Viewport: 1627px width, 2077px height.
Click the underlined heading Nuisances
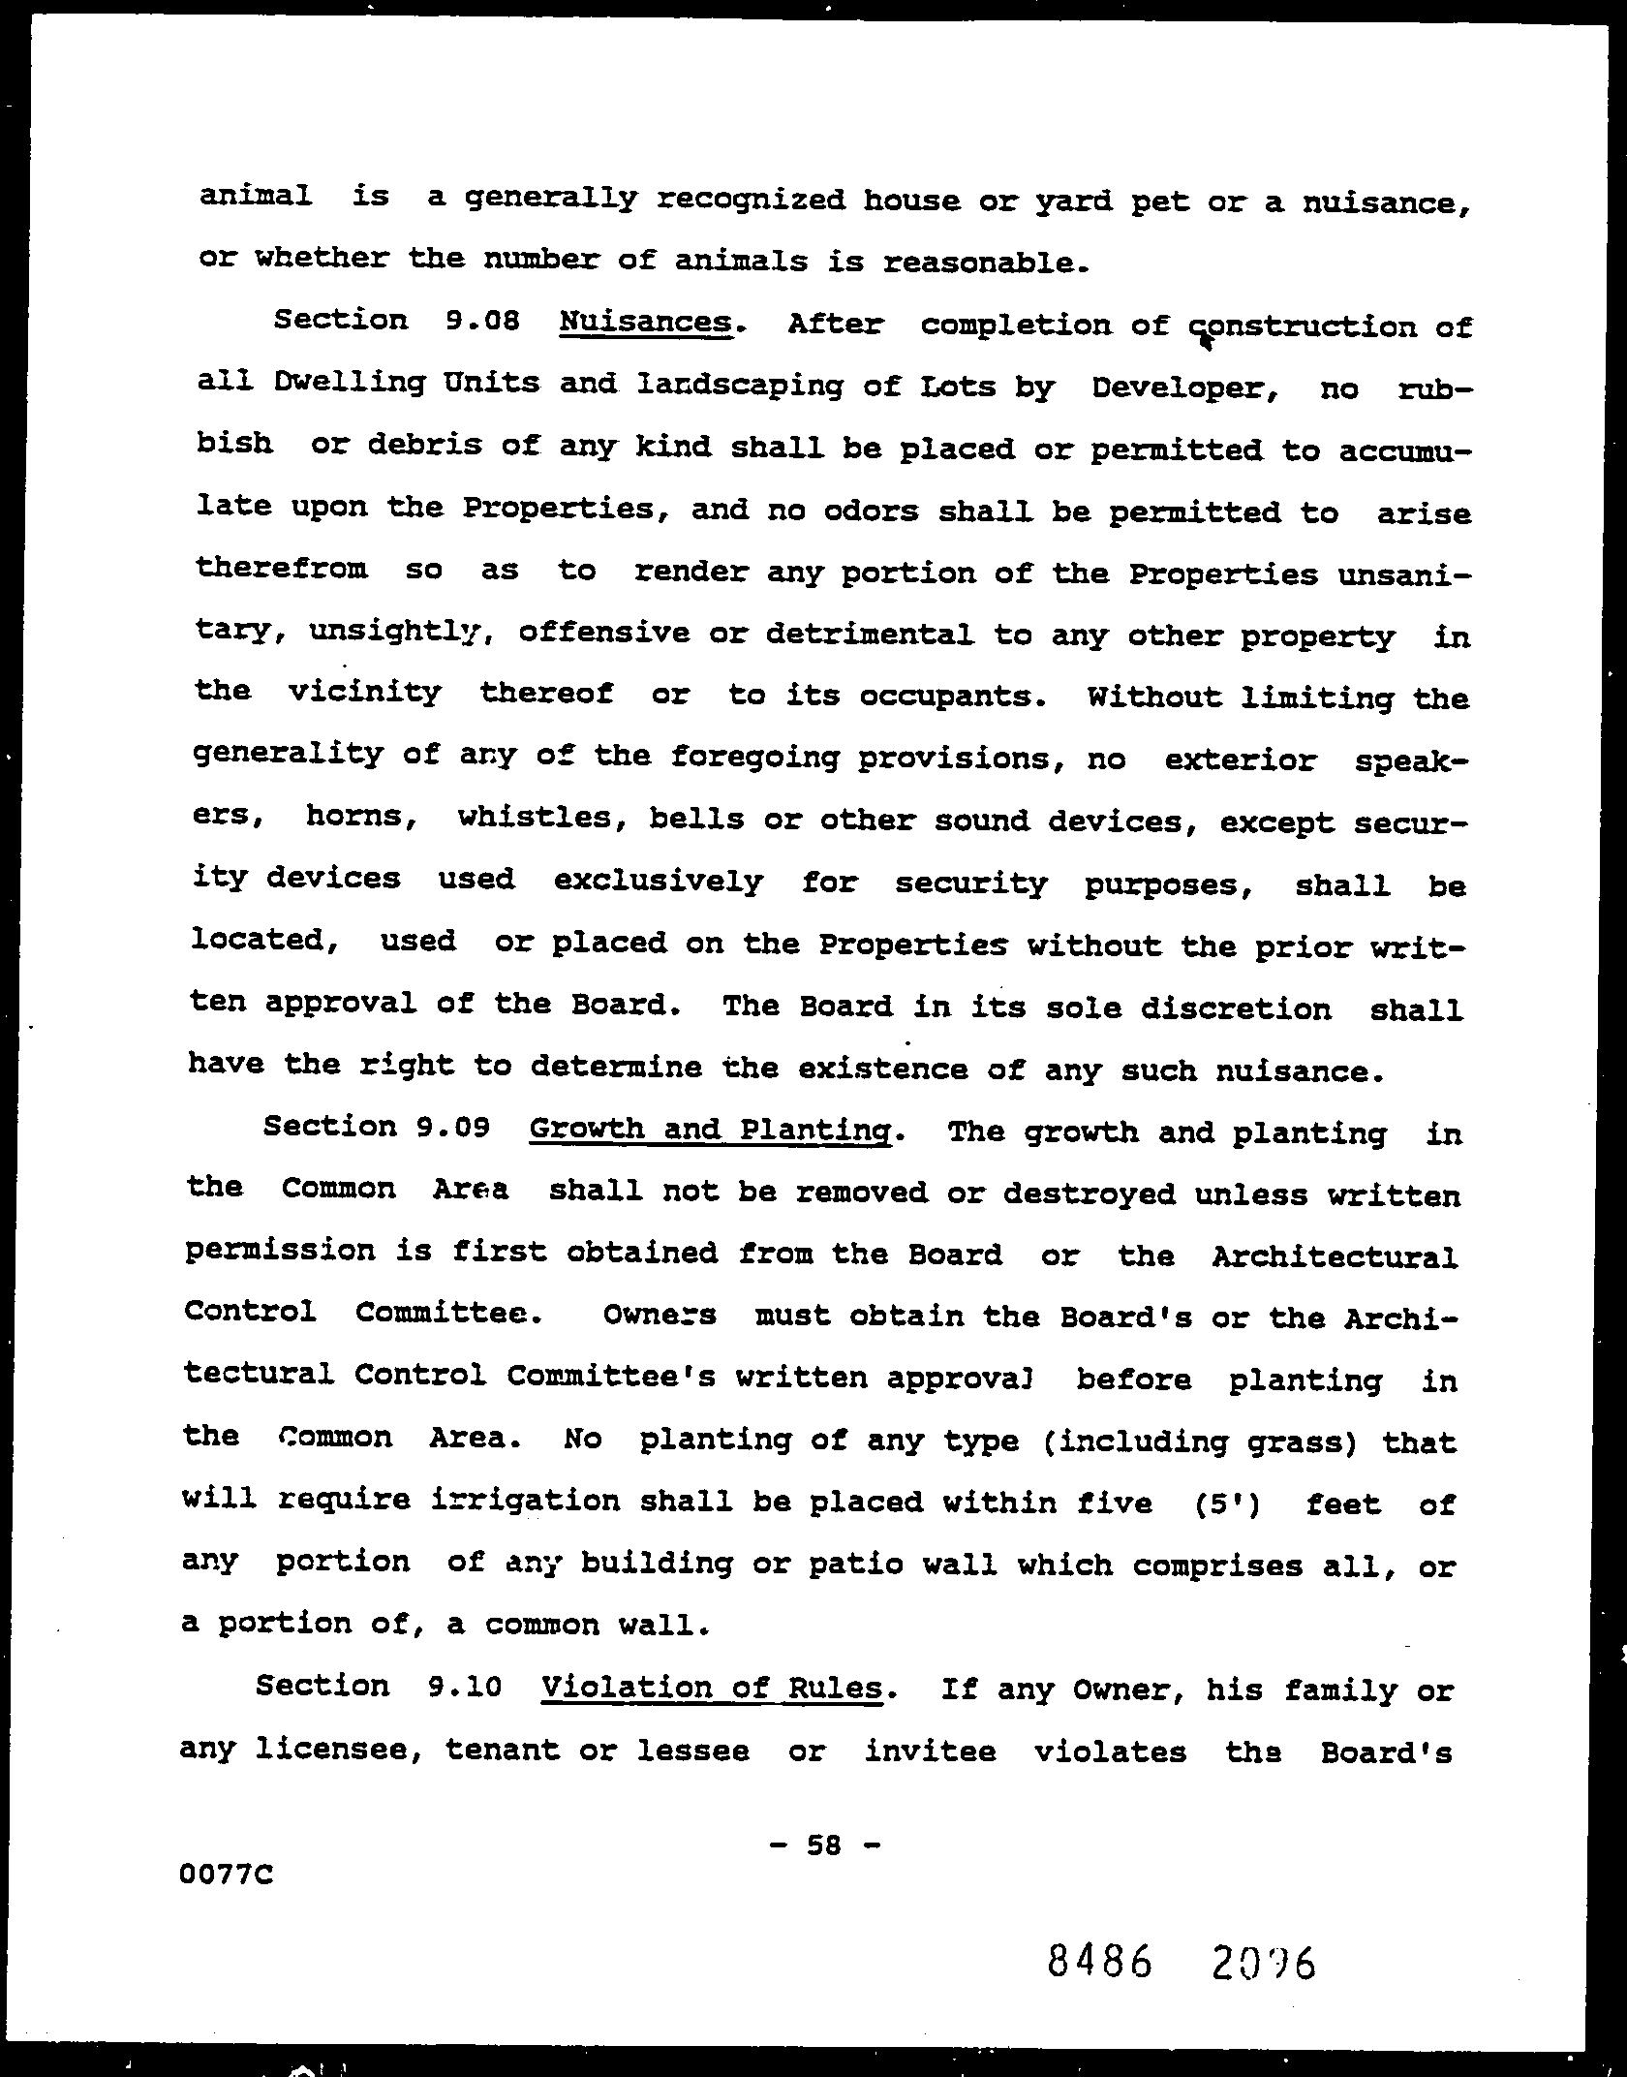(x=645, y=322)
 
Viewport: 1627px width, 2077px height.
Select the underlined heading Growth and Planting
(x=710, y=1130)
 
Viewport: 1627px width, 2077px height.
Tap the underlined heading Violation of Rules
(x=712, y=1688)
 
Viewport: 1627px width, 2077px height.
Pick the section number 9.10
(x=464, y=1687)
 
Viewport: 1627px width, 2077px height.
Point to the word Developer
(x=1180, y=387)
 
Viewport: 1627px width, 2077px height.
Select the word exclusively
(x=659, y=882)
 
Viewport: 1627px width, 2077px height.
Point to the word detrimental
(x=869, y=635)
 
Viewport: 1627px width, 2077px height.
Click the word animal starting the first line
(x=256, y=197)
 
